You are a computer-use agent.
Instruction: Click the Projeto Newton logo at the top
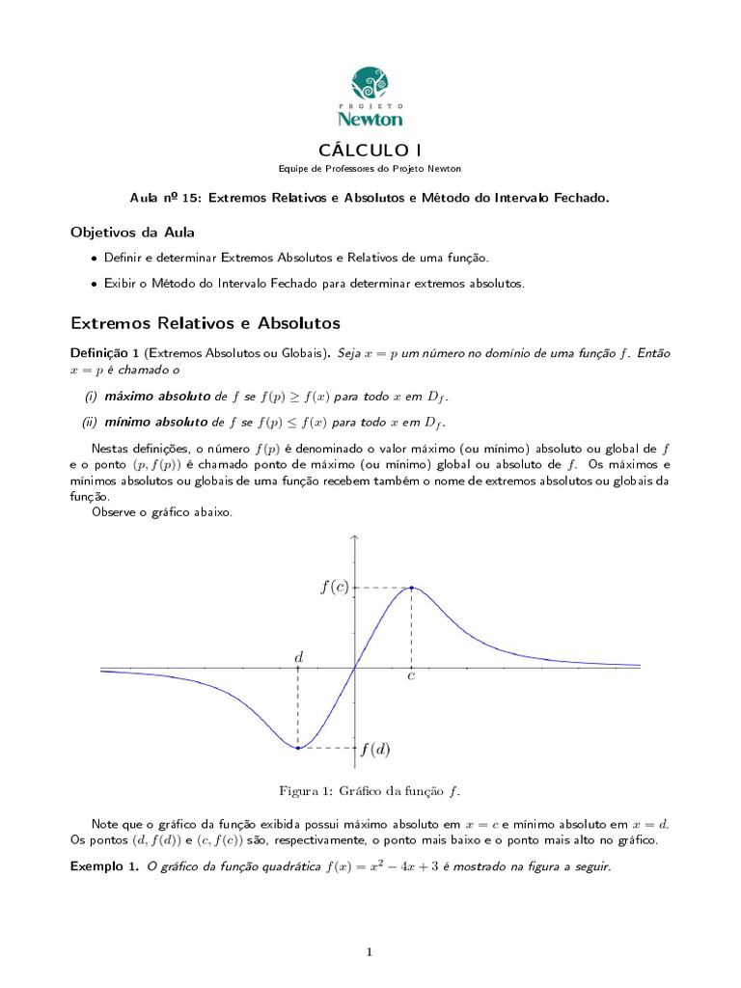tap(370, 96)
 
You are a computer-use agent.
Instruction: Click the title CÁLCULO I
tap(370, 149)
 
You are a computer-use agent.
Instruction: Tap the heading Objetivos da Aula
tap(132, 233)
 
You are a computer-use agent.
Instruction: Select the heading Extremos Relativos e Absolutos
tap(206, 322)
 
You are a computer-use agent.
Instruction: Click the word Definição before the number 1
tap(99, 353)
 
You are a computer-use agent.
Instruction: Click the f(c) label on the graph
tap(334, 588)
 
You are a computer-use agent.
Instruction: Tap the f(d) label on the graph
tap(375, 749)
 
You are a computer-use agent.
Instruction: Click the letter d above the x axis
tap(298, 657)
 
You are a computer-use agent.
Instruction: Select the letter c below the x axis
tap(411, 677)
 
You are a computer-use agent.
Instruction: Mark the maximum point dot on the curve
tap(412, 588)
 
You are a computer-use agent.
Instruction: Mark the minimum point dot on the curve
tap(298, 748)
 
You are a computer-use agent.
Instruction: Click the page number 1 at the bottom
tap(369, 952)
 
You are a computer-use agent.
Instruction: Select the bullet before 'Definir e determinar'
tap(93, 259)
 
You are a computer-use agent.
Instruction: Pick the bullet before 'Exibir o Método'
tap(93, 284)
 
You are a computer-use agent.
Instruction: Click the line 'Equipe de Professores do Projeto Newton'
tap(370, 169)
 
